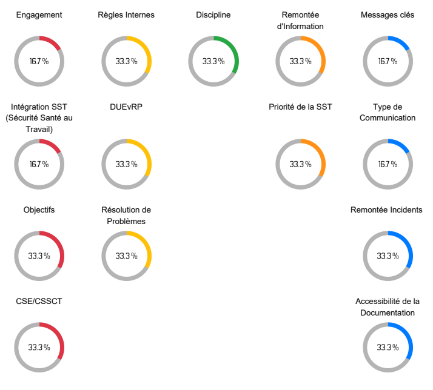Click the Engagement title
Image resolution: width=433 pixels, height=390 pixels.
(x=39, y=15)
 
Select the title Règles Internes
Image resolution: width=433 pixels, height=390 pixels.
(x=126, y=15)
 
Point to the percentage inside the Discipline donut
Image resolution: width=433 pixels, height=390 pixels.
(x=213, y=61)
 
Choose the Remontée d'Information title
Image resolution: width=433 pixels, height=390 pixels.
(x=300, y=21)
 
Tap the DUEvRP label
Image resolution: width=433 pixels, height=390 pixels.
(x=126, y=107)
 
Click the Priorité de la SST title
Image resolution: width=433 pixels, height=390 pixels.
(x=300, y=107)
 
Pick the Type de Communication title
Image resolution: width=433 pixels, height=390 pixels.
(x=388, y=113)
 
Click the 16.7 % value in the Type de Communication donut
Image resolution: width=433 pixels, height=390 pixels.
(x=388, y=164)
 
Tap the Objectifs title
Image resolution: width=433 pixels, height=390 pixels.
(x=39, y=210)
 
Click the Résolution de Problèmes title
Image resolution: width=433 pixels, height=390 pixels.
(x=126, y=216)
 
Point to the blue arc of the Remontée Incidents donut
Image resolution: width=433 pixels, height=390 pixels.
(x=409, y=249)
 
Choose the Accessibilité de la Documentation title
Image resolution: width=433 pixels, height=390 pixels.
(x=388, y=307)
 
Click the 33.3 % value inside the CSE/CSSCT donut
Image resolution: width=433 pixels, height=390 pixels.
(x=39, y=348)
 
